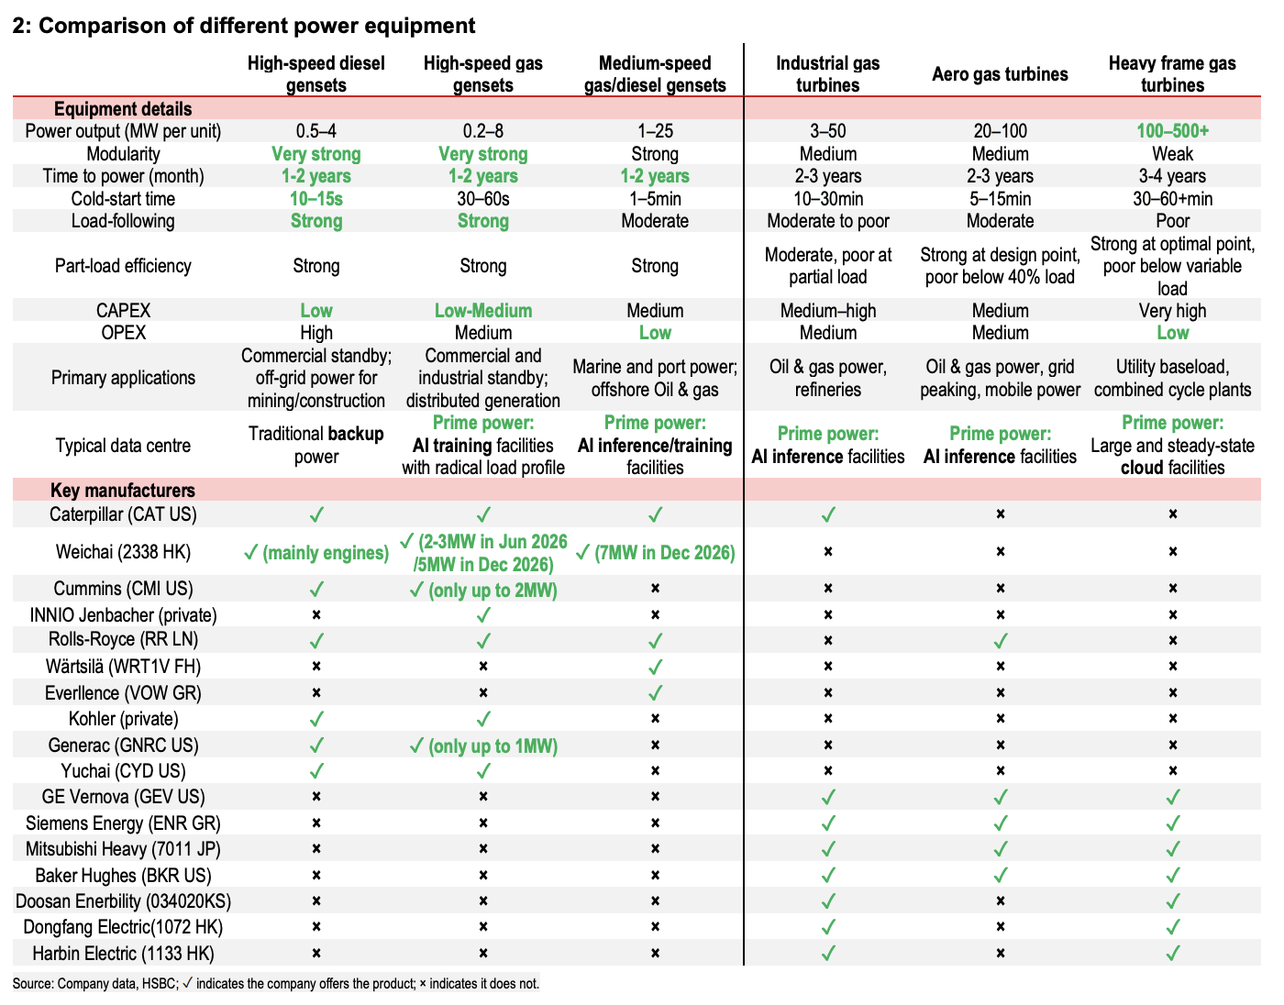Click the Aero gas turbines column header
point(1000,74)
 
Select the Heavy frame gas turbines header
point(1172,74)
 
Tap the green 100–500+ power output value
point(1172,131)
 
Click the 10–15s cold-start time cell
point(315,199)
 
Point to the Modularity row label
point(123,154)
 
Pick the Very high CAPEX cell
point(1172,311)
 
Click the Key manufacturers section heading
point(123,491)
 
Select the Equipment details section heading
point(123,109)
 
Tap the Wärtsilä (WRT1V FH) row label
point(123,667)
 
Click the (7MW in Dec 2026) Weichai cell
point(655,553)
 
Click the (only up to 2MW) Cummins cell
point(483,590)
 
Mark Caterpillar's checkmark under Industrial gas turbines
point(827,514)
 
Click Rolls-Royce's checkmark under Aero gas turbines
point(1000,640)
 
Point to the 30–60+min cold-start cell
point(1172,199)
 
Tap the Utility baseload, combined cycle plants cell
point(1172,378)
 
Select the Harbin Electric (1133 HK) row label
point(123,954)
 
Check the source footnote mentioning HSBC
point(276,984)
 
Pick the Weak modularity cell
point(1172,154)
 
